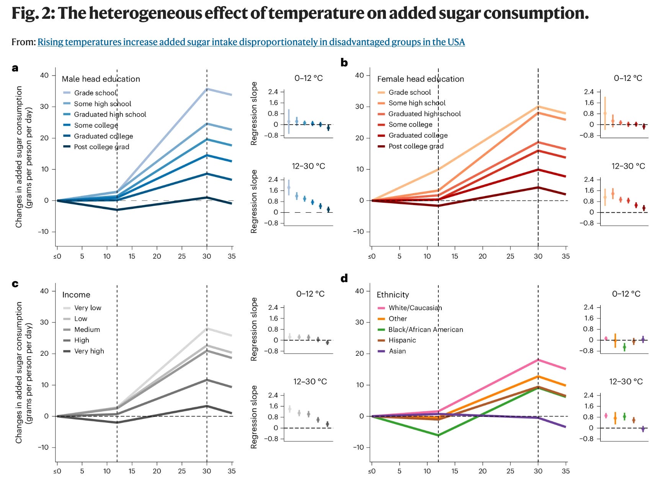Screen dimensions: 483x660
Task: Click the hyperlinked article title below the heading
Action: click(251, 42)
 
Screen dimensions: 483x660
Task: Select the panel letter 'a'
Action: click(15, 68)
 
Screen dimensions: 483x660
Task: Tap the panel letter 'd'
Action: click(344, 278)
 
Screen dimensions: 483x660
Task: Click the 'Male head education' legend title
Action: click(101, 79)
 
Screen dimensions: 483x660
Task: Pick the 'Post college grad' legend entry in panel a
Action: click(101, 147)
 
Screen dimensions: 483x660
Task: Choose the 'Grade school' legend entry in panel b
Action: click(409, 92)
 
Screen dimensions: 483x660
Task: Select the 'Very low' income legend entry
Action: click(88, 308)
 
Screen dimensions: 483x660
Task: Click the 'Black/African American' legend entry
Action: click(425, 330)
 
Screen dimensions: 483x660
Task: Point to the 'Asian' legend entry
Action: click(397, 351)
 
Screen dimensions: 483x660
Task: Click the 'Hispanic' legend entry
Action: click(402, 340)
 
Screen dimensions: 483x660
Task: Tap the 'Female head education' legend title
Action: click(420, 79)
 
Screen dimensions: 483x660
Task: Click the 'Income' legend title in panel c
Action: click(76, 295)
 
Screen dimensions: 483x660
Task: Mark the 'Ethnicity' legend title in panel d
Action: click(393, 295)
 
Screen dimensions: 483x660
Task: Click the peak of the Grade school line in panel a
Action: click(207, 89)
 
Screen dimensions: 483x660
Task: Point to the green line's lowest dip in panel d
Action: click(438, 435)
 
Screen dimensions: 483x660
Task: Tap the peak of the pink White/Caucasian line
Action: click(538, 360)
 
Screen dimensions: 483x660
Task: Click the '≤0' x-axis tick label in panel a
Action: click(57, 256)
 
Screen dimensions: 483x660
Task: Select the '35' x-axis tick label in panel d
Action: click(565, 471)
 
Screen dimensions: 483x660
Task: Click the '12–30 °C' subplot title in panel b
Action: click(628, 166)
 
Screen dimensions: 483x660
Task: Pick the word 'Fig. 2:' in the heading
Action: click(33, 14)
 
